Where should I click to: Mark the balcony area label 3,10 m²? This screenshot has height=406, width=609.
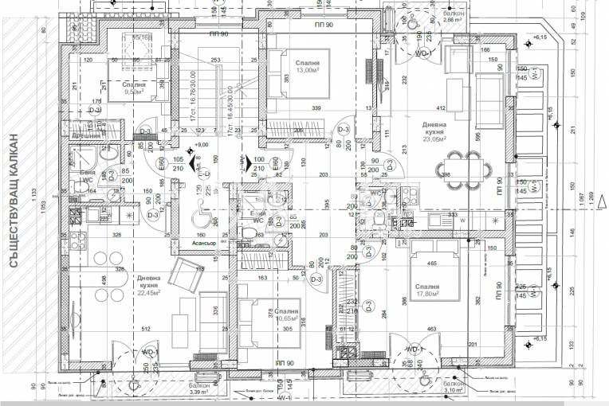pyautogui.click(x=455, y=391)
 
